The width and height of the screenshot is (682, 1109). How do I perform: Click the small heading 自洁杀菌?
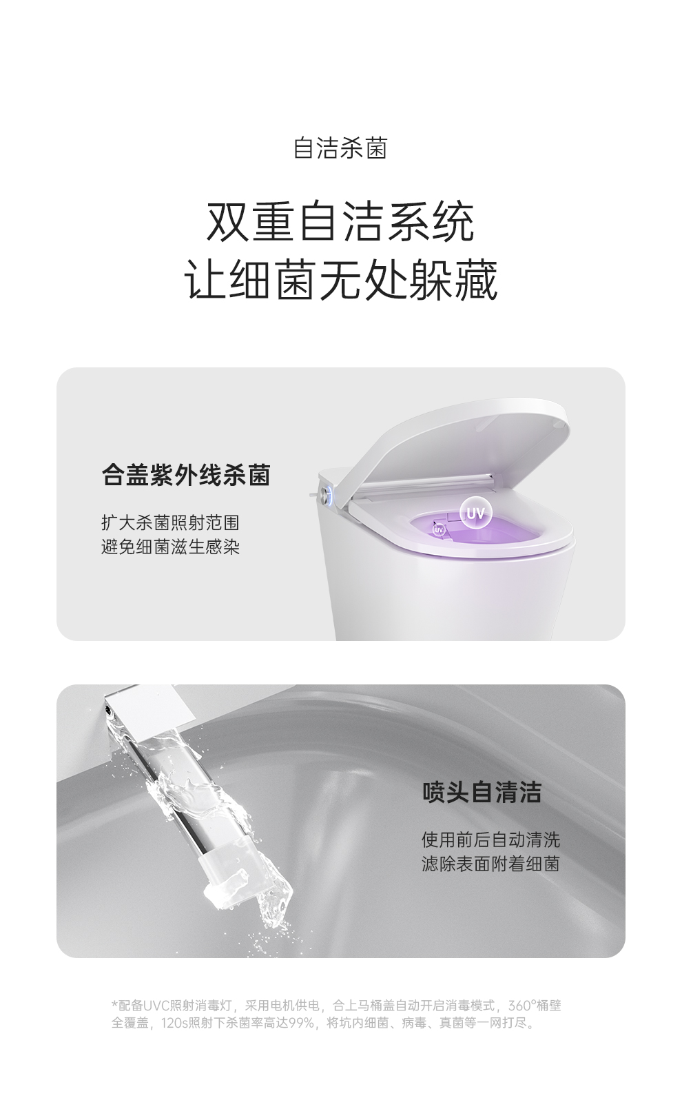coord(340,147)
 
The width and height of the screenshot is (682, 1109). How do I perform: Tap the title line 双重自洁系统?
coord(340,222)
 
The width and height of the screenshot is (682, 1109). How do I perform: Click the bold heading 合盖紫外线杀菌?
coord(186,476)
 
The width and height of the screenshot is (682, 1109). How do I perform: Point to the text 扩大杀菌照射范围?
coord(171,522)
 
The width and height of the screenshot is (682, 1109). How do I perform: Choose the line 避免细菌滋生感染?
coord(171,547)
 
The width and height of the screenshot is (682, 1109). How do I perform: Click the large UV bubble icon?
coord(476,513)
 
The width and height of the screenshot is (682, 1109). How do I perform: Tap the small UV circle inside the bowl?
coord(439,530)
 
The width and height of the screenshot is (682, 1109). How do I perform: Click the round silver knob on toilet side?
coord(327,494)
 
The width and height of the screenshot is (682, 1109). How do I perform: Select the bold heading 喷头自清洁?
coord(482,792)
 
